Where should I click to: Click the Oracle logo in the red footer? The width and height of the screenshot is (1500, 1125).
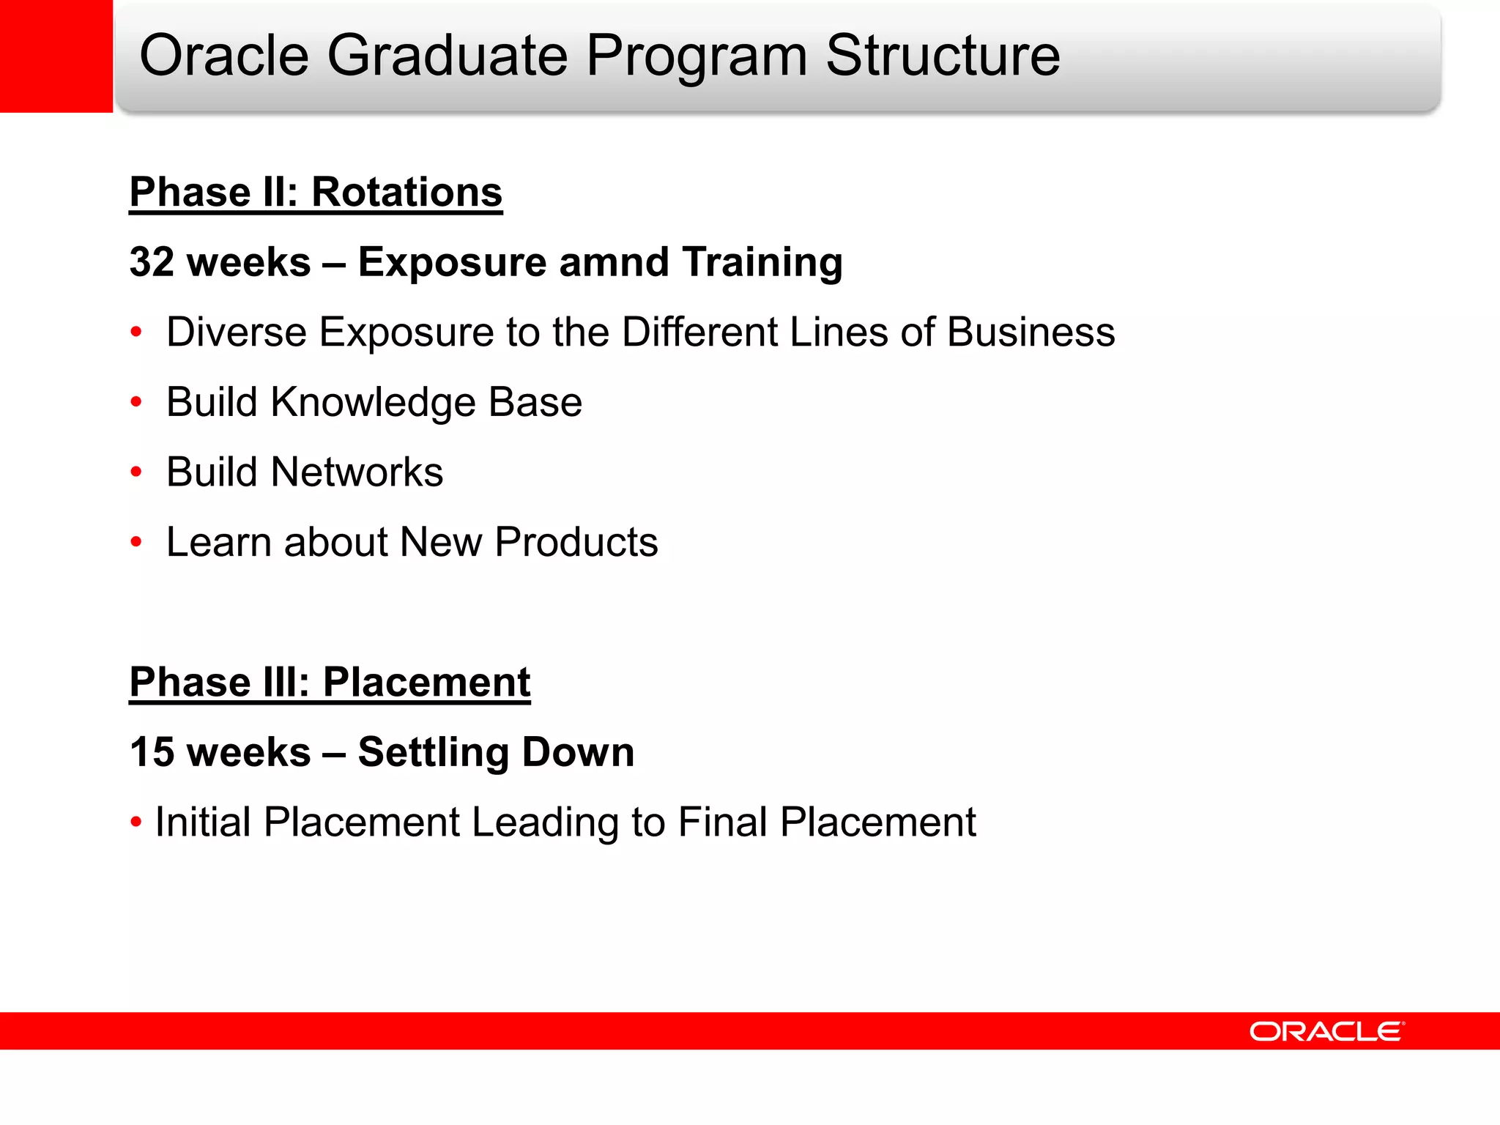[1326, 1031]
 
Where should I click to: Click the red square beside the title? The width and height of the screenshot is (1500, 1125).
[56, 56]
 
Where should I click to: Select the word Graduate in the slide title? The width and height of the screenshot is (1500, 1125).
[447, 56]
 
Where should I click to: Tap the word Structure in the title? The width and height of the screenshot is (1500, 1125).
[943, 56]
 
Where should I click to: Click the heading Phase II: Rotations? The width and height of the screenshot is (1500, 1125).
[316, 192]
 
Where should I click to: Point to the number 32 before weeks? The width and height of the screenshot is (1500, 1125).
[152, 262]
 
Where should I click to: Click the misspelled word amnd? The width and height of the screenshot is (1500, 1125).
[614, 262]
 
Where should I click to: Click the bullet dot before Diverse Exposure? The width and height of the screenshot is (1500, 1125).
[135, 333]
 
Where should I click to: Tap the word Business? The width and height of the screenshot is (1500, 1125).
[1031, 333]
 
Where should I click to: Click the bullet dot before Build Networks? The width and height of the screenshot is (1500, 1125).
[135, 472]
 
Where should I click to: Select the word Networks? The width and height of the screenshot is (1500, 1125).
[357, 472]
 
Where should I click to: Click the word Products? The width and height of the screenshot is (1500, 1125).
[576, 542]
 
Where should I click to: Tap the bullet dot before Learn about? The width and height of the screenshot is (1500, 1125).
[135, 543]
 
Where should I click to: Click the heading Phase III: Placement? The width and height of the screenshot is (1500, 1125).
[330, 682]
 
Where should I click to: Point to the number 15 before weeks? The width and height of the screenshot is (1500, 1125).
[152, 752]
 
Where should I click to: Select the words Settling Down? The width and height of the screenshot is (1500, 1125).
[496, 752]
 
